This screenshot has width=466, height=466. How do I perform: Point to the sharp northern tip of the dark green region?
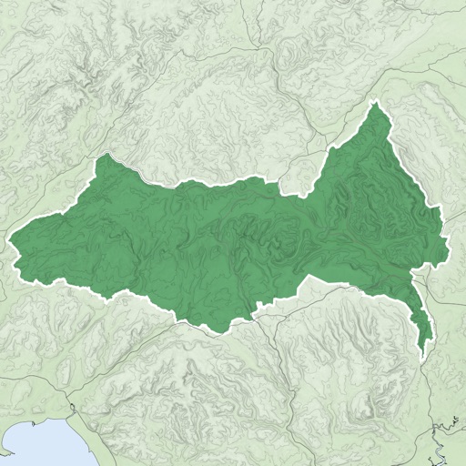pyautogui.click(x=375, y=105)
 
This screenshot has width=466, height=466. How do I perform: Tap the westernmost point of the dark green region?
pyautogui.click(x=11, y=241)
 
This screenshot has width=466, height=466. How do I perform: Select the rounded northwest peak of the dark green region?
pyautogui.click(x=107, y=157)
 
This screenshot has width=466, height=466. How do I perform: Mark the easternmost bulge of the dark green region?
pyautogui.click(x=445, y=238)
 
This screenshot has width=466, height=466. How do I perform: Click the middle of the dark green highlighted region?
pyautogui.click(x=237, y=237)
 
